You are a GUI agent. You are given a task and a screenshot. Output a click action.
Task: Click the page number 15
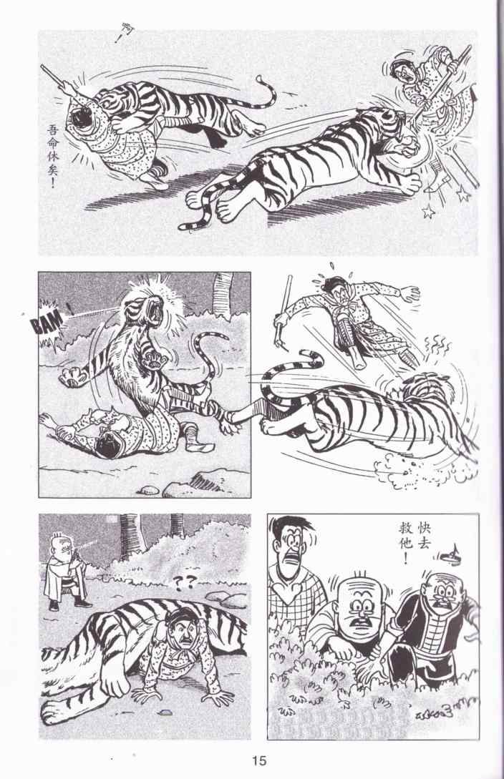[259, 760]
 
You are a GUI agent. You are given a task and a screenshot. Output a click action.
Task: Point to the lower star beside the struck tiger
[427, 212]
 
